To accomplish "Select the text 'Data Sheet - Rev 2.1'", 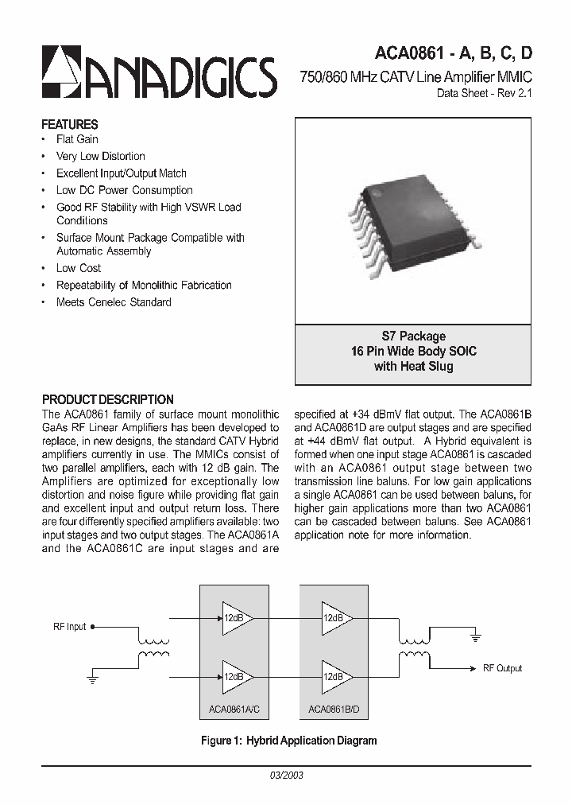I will tap(485, 93).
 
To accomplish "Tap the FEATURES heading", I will tap(70, 124).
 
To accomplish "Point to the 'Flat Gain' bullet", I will tap(77, 139).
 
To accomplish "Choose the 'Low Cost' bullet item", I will tap(79, 268).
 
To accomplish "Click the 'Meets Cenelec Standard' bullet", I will tap(114, 302).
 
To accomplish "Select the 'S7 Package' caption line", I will tap(413, 336).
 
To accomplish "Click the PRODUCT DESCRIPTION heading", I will tap(107, 399).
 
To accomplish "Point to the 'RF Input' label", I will tap(69, 627).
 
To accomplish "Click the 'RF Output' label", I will tap(502, 668).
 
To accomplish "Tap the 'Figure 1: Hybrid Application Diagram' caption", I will tap(288, 741).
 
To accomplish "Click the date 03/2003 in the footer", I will tap(286, 775).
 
